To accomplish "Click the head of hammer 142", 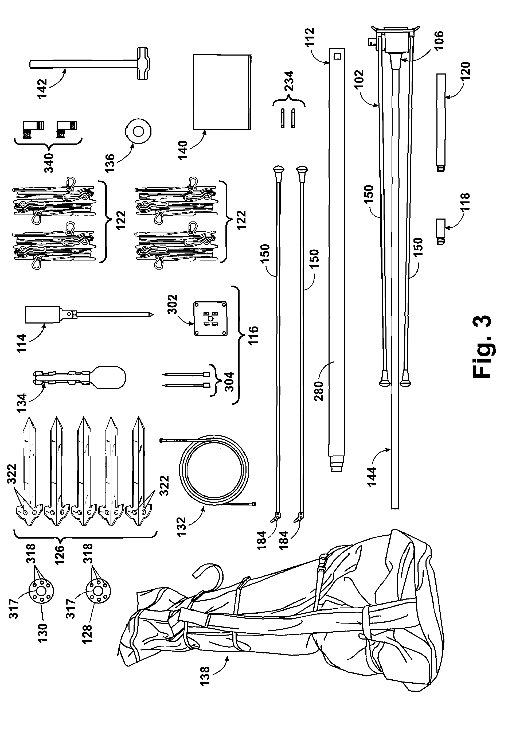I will (144, 64).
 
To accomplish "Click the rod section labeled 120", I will (441, 121).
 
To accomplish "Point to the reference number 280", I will (319, 390).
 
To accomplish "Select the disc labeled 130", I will (42, 591).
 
